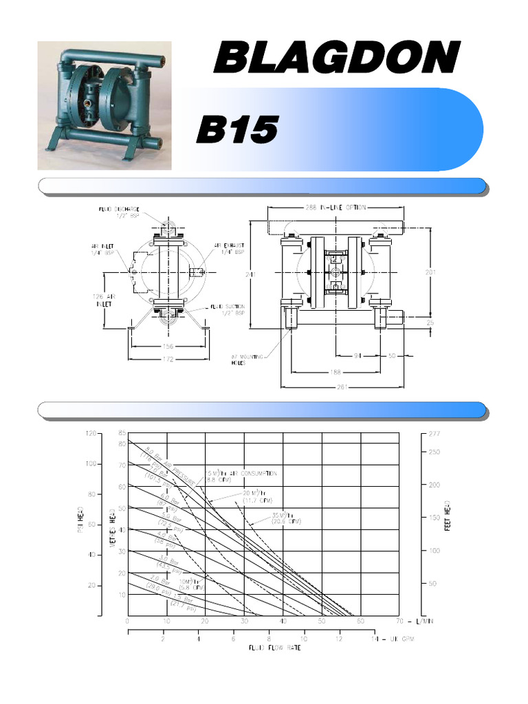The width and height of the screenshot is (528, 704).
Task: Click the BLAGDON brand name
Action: pyautogui.click(x=336, y=57)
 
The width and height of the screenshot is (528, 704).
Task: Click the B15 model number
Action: pyautogui.click(x=237, y=129)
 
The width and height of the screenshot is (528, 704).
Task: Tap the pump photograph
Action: pyautogui.click(x=104, y=105)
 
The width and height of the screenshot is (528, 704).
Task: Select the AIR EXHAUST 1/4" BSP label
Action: pyautogui.click(x=230, y=248)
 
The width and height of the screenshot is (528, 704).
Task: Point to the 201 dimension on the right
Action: pyautogui.click(x=430, y=272)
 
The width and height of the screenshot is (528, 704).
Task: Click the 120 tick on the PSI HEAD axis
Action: pyautogui.click(x=91, y=434)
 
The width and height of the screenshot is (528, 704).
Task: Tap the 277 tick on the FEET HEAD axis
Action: pyautogui.click(x=433, y=434)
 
